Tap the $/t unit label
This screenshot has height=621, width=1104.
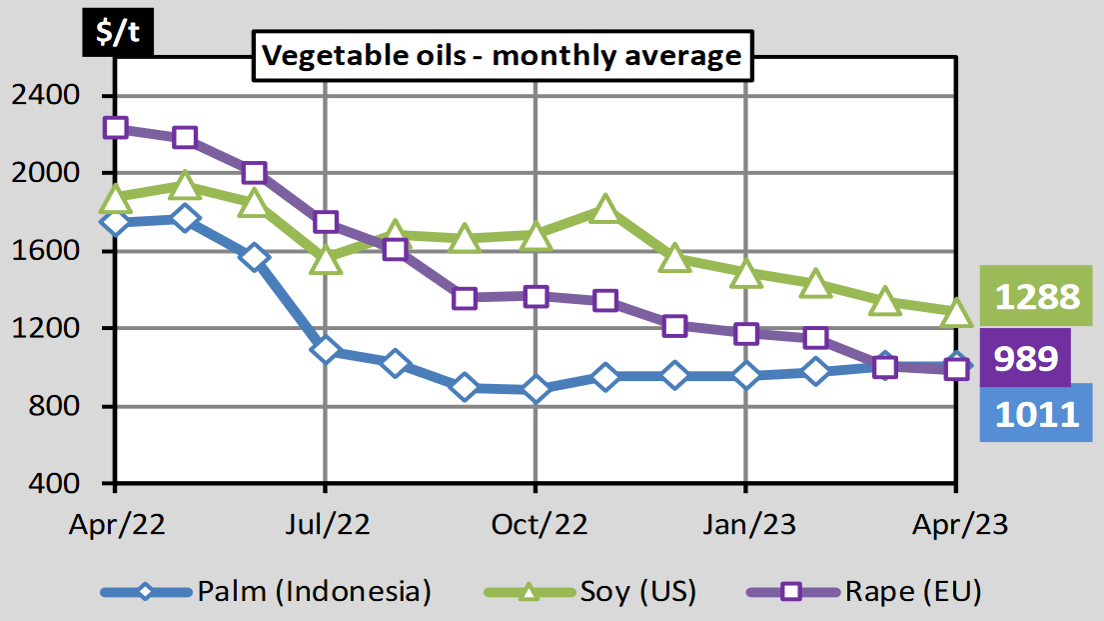pos(118,33)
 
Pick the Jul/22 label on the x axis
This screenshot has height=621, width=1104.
pos(325,524)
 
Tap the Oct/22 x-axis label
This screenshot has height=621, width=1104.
pos(536,524)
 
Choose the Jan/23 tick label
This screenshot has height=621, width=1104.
pos(745,524)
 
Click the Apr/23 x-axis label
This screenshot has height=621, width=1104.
pos(956,524)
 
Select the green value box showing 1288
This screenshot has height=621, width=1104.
pos(1035,297)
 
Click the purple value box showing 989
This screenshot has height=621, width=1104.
pos(1025,357)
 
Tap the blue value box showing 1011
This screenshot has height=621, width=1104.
pos(1035,412)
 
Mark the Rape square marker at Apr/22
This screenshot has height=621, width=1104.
pos(115,127)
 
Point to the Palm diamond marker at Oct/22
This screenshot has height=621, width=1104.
pos(536,389)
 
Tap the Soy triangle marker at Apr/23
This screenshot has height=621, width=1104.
pos(956,314)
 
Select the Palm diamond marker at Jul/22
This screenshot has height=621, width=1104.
pos(325,350)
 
